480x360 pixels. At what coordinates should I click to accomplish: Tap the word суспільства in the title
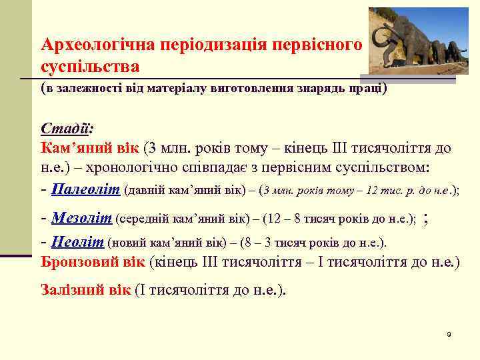tap(90, 67)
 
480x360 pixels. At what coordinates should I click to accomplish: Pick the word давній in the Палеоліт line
tap(145, 190)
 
